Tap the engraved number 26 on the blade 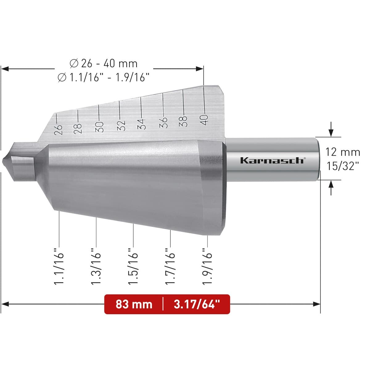coord(58,129)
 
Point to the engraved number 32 coord(121,125)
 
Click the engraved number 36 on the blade coord(163,123)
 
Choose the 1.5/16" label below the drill coord(133,266)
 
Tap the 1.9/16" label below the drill coord(207,266)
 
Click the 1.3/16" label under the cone coord(96,266)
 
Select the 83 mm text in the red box coord(134,304)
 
